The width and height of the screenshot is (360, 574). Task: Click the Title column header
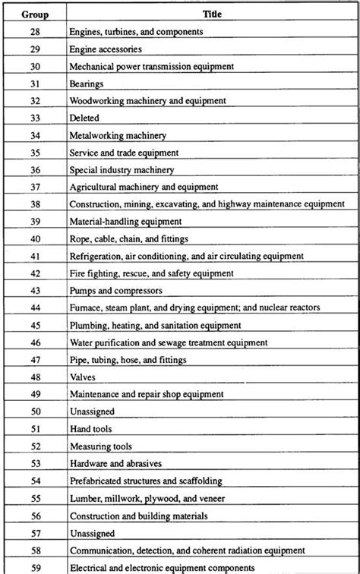[212, 14]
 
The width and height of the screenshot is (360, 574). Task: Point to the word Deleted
[84, 118]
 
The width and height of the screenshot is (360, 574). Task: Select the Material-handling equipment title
[125, 221]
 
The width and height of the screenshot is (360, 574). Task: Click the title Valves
[82, 377]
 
